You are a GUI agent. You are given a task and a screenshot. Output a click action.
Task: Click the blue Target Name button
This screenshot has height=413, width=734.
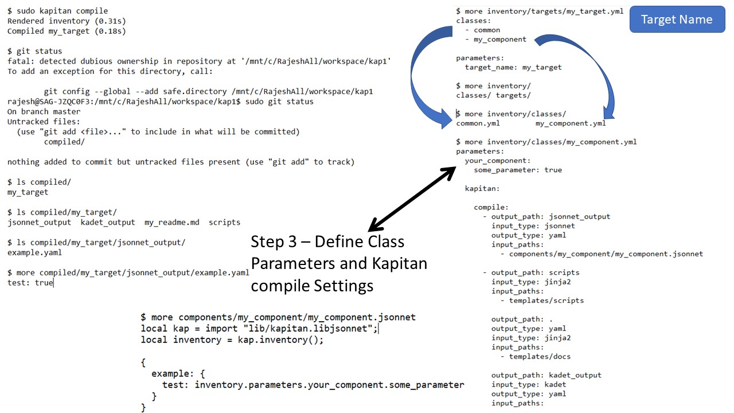tap(677, 20)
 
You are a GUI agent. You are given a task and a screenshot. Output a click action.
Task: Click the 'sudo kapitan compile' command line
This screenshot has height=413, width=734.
tap(57, 11)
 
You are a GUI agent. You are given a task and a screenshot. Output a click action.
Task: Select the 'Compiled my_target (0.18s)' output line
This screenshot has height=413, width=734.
tap(67, 31)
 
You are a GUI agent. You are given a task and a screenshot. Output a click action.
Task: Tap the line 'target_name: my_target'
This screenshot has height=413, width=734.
tap(513, 67)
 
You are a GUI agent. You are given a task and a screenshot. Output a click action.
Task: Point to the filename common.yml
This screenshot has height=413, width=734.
tap(478, 123)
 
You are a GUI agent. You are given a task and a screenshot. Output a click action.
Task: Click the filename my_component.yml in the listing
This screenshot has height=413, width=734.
tap(571, 123)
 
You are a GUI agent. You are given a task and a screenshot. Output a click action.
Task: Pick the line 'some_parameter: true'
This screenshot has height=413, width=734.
tap(518, 170)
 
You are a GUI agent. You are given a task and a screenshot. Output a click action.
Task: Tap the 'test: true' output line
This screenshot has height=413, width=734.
tap(30, 283)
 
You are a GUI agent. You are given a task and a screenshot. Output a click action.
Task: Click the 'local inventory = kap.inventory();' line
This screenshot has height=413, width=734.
tap(232, 340)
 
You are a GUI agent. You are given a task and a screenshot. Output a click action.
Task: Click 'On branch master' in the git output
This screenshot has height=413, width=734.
tap(44, 111)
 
